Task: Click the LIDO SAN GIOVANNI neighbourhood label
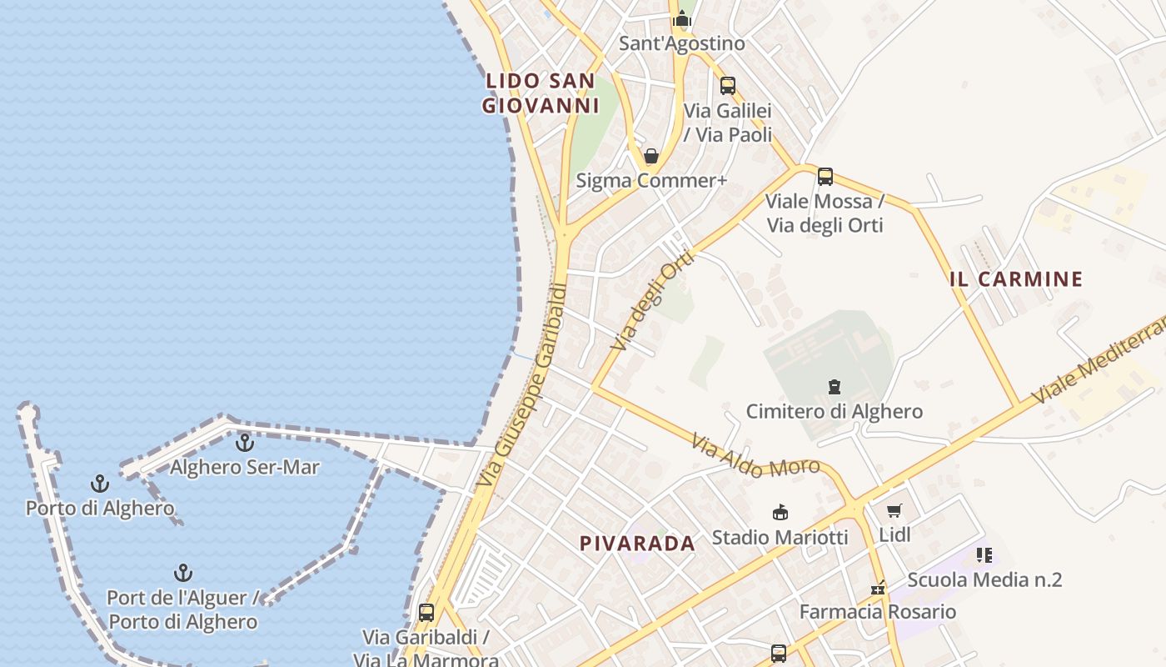pos(541,93)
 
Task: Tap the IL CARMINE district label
pos(1016,279)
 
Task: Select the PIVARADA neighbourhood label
pos(637,544)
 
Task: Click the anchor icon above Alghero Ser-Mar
pos(244,443)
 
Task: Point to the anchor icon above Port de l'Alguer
pos(183,573)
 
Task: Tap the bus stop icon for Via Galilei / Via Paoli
pos(727,85)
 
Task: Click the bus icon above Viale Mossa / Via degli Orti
pos(825,177)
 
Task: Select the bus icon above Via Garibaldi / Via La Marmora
pos(426,613)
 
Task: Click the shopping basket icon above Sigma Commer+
pos(651,156)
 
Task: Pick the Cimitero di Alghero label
pos(834,411)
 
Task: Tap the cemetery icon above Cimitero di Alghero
pos(834,387)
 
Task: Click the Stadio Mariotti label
pos(780,537)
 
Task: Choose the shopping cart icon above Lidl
pos(894,511)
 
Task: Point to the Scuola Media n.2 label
pos(984,579)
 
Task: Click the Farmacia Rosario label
pos(877,611)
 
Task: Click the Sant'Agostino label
pos(681,43)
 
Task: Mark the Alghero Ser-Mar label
pos(244,467)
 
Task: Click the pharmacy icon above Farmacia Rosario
pos(877,588)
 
